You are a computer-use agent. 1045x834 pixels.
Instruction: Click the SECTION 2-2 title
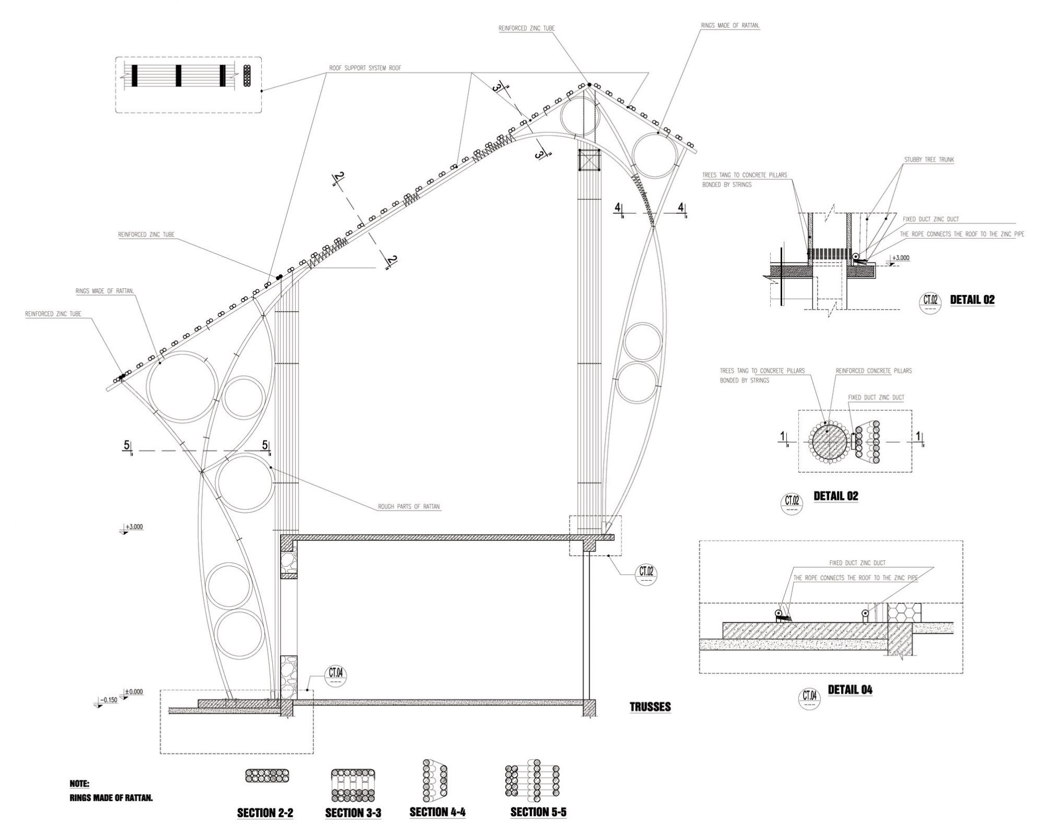pos(265,812)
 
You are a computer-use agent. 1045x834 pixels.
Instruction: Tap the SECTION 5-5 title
pos(538,812)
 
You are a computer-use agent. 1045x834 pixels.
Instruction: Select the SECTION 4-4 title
pos(437,812)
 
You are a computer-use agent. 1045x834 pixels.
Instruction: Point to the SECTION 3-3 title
pos(353,813)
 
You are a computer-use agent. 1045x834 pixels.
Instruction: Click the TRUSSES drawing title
pos(650,707)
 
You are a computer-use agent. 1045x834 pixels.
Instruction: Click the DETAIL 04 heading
pos(850,690)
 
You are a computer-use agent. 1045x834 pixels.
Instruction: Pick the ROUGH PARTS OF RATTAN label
pos(409,506)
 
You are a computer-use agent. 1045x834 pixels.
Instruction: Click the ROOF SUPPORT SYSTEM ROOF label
pos(365,68)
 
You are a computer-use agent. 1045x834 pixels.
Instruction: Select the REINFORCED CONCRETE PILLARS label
pos(873,371)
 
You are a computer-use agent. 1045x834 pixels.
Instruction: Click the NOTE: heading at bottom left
pos(79,783)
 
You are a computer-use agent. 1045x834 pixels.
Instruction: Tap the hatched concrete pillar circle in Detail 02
pos(829,442)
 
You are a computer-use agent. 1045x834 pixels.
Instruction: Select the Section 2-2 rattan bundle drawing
pos(267,775)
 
